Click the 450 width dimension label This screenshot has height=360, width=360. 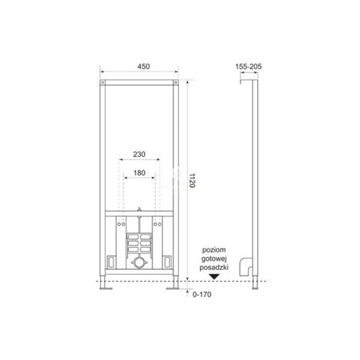pos(139,66)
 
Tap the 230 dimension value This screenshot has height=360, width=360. pos(139,154)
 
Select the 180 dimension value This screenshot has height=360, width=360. pos(139,173)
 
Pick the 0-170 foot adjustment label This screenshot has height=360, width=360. pos(203,294)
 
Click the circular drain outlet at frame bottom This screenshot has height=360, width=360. pos(140,262)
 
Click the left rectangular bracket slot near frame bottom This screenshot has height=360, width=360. pos(112,261)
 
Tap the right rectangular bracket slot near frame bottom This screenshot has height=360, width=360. pos(168,261)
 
